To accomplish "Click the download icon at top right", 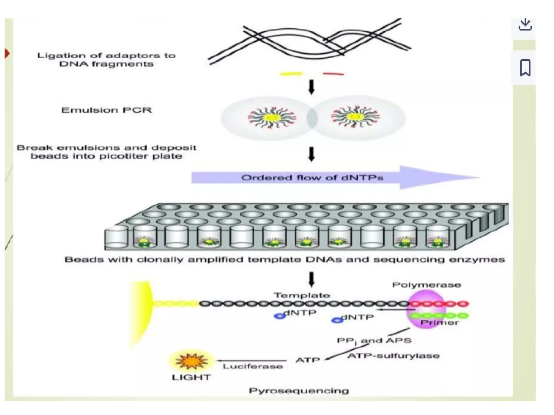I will (525, 25).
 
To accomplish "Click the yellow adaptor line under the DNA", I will (291, 73).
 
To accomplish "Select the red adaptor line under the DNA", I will (333, 73).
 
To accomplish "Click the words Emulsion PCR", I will (106, 110).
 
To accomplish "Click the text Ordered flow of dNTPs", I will (312, 178).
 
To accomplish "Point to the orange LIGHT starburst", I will (192, 361).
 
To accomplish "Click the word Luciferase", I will (253, 367).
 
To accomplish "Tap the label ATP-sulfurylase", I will (393, 356).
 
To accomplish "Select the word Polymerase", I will (426, 285).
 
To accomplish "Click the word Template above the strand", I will (302, 295).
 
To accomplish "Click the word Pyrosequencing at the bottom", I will (299, 391).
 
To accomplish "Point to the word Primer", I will (439, 322).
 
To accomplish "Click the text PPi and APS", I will (374, 341).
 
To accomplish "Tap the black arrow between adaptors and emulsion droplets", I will (311, 86).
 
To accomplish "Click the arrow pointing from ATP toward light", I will (252, 360).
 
